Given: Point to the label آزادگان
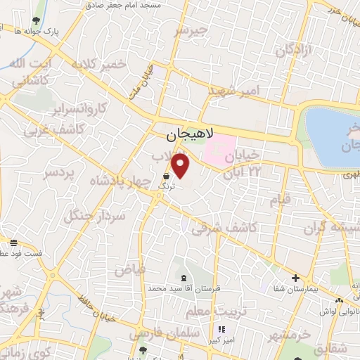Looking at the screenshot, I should pos(292,50).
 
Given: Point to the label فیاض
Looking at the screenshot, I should pos(130,269).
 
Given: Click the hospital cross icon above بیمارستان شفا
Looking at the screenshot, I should pos(295,278).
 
